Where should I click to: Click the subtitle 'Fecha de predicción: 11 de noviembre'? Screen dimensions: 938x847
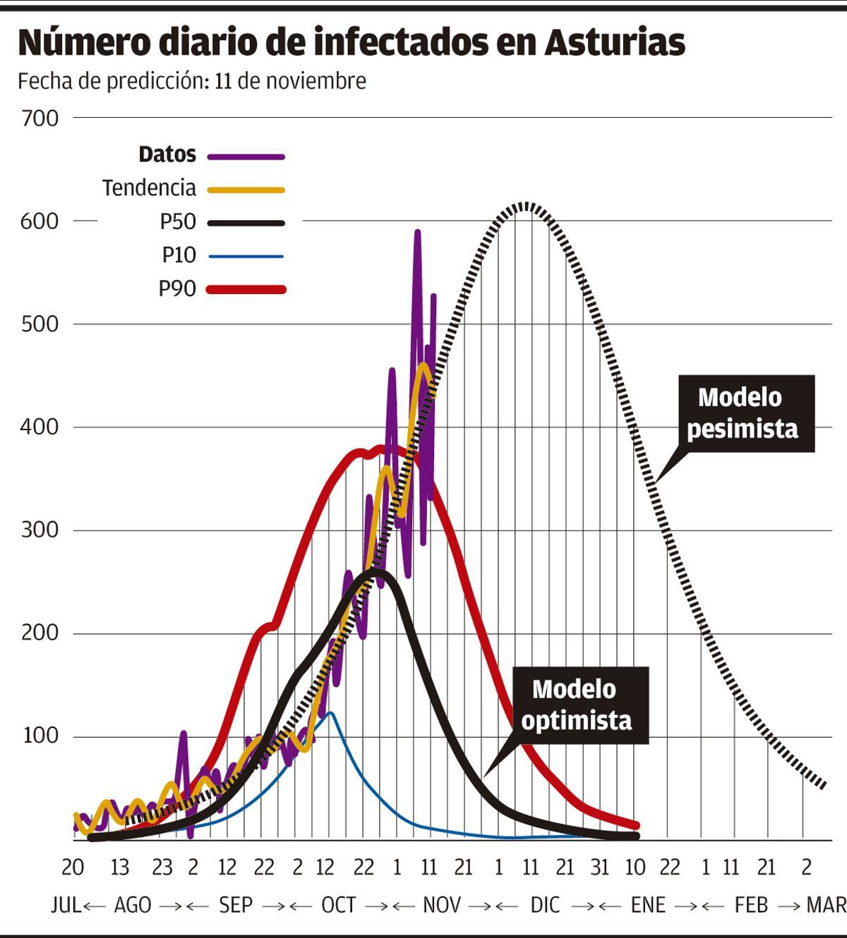192,81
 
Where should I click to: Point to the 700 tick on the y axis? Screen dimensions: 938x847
40,118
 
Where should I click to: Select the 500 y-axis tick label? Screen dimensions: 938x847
40,324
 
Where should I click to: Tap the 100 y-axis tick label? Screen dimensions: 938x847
40,736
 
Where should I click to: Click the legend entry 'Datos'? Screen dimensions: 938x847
167,154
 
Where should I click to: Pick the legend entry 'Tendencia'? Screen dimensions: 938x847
149,188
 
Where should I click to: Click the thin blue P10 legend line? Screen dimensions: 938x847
246,256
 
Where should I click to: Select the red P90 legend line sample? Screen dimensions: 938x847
246,289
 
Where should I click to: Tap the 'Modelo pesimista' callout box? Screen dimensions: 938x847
742,413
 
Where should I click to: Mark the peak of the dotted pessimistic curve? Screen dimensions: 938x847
524,205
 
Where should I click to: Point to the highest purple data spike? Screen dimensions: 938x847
417,232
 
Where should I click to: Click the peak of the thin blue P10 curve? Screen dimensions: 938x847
330,714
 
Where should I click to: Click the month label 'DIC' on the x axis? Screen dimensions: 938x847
545,905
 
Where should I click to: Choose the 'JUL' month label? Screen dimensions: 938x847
66,905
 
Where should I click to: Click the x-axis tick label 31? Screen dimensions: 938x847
599,867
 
